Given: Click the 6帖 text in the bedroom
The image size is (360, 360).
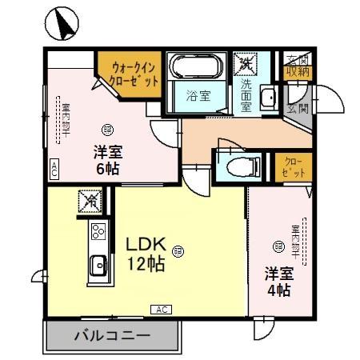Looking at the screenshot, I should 108,169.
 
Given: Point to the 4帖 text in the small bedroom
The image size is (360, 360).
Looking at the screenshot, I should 278,289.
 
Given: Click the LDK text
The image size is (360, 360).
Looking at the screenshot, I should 143,246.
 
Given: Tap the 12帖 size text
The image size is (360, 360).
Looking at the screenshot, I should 145,265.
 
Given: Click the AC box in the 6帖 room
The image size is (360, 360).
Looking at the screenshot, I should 54,169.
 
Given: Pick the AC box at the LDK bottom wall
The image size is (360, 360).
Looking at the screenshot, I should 158,309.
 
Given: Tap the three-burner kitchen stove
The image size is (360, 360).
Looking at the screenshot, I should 98,232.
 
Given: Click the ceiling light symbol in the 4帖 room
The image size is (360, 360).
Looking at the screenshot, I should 278,246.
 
